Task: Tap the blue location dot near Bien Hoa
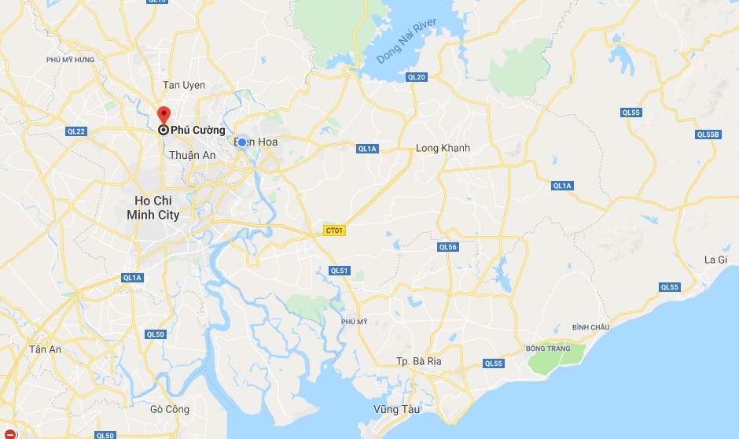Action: (242, 142)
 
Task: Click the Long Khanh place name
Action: (443, 148)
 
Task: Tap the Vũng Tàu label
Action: (397, 409)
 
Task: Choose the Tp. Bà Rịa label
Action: (419, 361)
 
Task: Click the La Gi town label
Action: (715, 260)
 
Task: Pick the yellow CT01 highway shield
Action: (334, 231)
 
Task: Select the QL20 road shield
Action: (416, 77)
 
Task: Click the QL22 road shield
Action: (76, 131)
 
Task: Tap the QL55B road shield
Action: (708, 135)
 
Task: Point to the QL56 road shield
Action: (447, 247)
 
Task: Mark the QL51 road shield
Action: (339, 271)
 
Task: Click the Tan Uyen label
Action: (183, 85)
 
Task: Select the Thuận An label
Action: (193, 155)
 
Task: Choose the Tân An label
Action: (45, 349)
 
